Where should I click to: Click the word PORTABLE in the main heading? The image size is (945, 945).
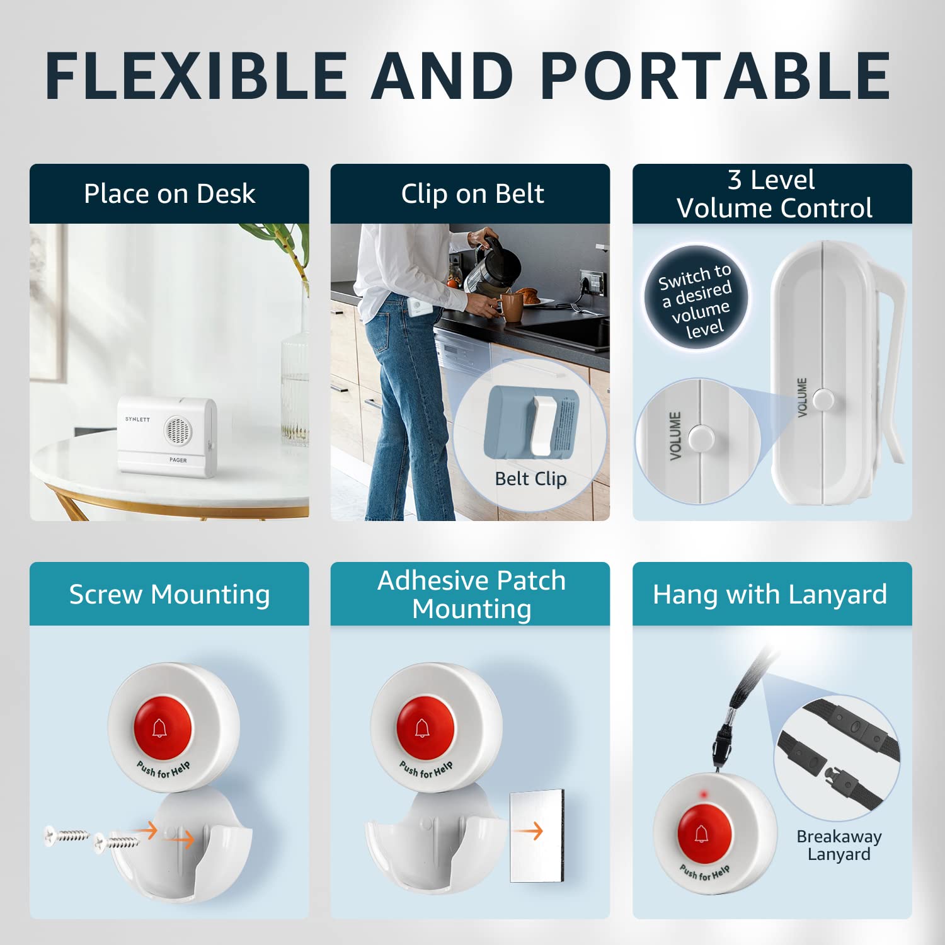click(x=715, y=76)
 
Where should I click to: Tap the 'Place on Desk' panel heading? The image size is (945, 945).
click(x=169, y=194)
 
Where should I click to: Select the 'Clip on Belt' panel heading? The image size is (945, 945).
click(x=472, y=194)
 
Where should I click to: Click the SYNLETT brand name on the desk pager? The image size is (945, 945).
click(x=137, y=419)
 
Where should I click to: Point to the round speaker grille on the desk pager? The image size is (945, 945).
click(x=177, y=430)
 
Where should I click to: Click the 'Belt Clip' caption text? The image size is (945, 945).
click(x=530, y=479)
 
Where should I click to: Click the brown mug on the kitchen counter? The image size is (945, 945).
click(x=512, y=307)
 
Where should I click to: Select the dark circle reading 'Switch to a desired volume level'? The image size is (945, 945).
click(x=696, y=297)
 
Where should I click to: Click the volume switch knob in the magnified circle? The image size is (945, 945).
click(x=701, y=437)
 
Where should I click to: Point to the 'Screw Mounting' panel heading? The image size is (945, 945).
click(x=169, y=594)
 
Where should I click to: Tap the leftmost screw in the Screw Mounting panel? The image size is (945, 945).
click(x=66, y=835)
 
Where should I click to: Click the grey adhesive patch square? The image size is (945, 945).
click(x=536, y=835)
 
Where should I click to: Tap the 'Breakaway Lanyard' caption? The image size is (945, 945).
click(x=839, y=845)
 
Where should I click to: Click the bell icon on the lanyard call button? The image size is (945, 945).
click(x=702, y=834)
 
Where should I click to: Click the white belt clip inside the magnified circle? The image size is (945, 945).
click(x=542, y=426)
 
